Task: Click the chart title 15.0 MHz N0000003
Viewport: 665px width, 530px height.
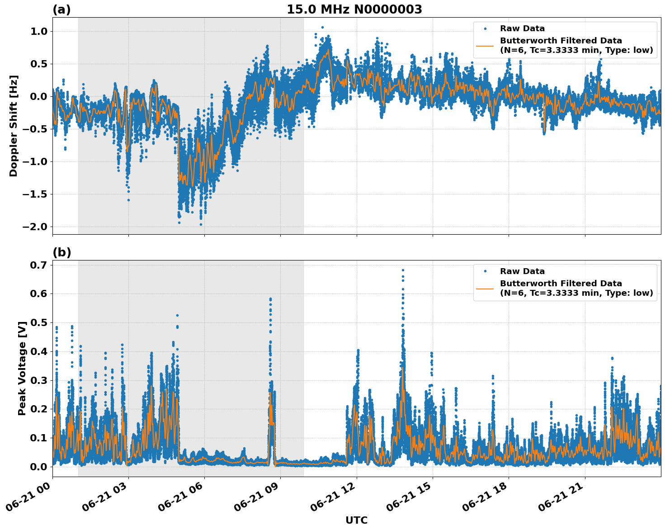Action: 354,9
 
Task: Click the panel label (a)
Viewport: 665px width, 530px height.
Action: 61,9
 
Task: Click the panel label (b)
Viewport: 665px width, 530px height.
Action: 62,252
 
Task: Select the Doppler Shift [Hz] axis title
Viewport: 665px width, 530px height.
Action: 14,126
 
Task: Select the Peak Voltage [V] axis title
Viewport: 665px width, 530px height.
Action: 22,368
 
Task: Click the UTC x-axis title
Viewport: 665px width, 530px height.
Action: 356,520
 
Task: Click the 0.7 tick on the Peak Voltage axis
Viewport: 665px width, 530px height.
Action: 39,265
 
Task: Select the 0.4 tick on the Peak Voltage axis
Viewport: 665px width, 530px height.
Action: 39,351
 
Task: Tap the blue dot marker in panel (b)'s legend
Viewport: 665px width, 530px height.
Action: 485,271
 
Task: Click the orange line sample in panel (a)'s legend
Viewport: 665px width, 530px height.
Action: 485,46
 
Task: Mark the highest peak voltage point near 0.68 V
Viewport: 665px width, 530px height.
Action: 403,270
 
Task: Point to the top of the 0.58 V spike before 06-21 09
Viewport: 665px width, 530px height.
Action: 270,299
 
